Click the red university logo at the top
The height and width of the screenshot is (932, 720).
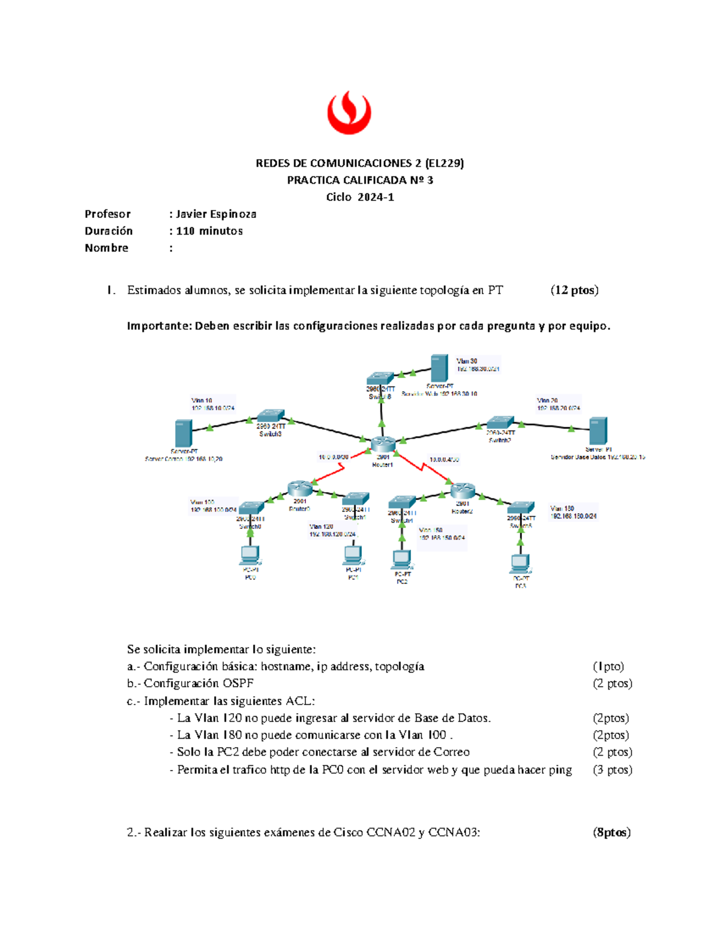point(349,112)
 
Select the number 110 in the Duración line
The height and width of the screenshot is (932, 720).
point(186,231)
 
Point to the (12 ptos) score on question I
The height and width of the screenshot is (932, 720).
point(574,290)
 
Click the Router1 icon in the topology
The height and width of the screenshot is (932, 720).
point(383,445)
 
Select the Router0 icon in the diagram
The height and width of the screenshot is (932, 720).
point(299,489)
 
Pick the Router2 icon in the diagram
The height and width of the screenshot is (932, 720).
point(463,491)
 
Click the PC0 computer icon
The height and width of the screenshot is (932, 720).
point(250,555)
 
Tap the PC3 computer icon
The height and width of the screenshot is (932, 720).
point(520,564)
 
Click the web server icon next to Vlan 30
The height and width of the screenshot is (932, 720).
point(439,368)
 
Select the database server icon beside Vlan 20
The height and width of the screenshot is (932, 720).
point(598,431)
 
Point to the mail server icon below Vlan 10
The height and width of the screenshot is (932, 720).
point(183,433)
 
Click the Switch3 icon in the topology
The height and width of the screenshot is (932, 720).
point(271,416)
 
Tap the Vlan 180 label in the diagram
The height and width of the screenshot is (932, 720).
point(562,508)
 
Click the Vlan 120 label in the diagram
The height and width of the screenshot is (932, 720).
point(322,526)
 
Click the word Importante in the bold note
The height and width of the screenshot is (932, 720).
point(158,326)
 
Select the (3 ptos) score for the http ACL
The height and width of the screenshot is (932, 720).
point(613,770)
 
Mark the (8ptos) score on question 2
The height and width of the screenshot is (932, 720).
point(612,832)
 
